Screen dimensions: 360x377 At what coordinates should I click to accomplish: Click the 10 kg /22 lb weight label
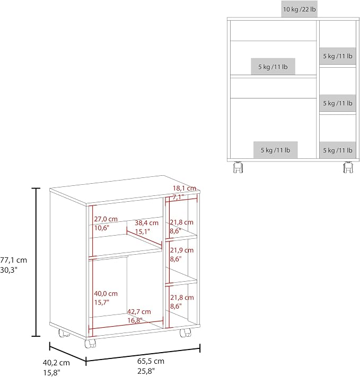[299, 10]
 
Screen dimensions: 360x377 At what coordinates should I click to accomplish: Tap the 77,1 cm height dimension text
[13, 260]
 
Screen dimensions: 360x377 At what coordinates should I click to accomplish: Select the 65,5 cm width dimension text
[151, 361]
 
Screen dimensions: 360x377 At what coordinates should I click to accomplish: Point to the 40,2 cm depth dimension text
[56, 363]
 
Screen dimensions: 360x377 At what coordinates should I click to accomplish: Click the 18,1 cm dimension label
[185, 188]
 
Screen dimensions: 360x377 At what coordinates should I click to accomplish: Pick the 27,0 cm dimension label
[106, 219]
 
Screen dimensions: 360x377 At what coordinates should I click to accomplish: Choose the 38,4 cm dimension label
[146, 223]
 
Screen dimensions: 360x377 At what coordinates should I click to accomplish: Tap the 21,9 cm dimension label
[182, 250]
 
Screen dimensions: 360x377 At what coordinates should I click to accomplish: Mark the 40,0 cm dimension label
[106, 293]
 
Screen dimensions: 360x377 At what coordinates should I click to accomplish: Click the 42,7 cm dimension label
[139, 312]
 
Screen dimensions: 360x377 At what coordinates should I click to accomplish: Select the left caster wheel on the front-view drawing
[238, 167]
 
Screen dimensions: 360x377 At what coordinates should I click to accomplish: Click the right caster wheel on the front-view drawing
[348, 167]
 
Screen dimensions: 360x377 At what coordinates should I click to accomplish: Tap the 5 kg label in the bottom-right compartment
[338, 150]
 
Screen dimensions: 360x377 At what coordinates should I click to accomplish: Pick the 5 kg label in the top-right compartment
[338, 56]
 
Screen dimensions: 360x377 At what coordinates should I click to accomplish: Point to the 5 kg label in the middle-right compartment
[338, 103]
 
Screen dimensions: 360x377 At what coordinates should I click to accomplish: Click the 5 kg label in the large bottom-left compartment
[276, 150]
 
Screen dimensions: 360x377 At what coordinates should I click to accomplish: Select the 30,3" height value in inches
[8, 270]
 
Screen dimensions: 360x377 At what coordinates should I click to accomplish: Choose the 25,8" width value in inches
[146, 371]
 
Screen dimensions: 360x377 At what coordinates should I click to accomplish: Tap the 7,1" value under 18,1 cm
[178, 198]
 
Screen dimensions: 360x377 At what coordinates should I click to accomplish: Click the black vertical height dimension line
[36, 262]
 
